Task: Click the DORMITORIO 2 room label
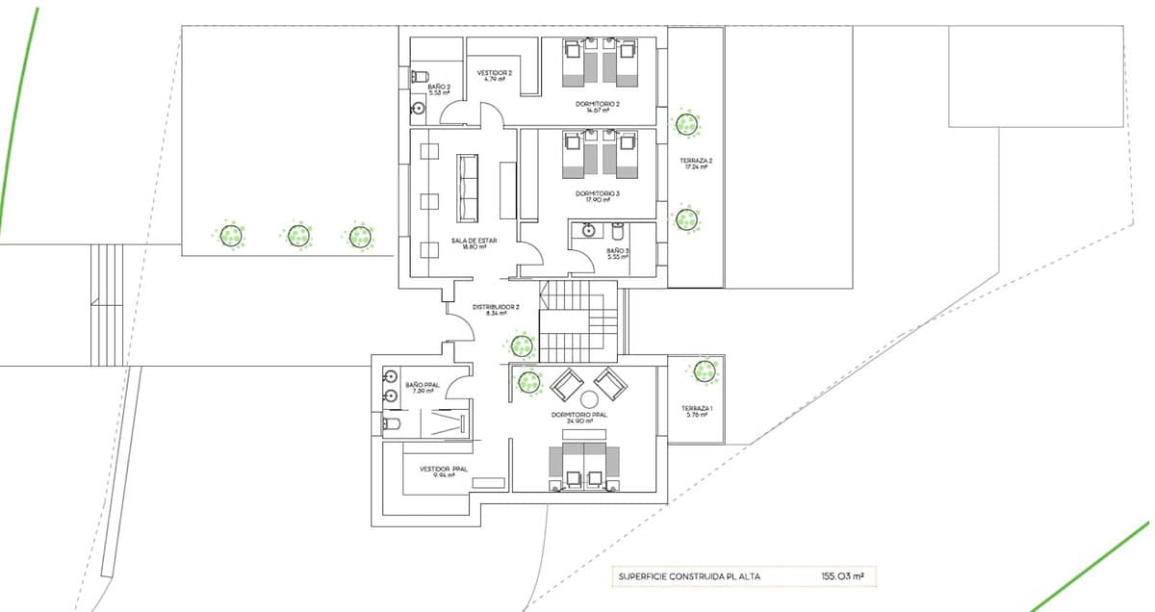pyautogui.click(x=597, y=104)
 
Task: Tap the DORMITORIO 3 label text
pyautogui.click(x=597, y=193)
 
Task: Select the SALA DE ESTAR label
pyautogui.click(x=468, y=242)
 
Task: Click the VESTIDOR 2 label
pyautogui.click(x=496, y=73)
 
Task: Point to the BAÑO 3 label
pyautogui.click(x=618, y=250)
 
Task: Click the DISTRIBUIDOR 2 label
pyautogui.click(x=496, y=309)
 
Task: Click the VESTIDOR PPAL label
pyautogui.click(x=444, y=470)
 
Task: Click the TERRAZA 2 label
pyautogui.click(x=695, y=161)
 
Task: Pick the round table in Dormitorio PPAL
pyautogui.click(x=589, y=398)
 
